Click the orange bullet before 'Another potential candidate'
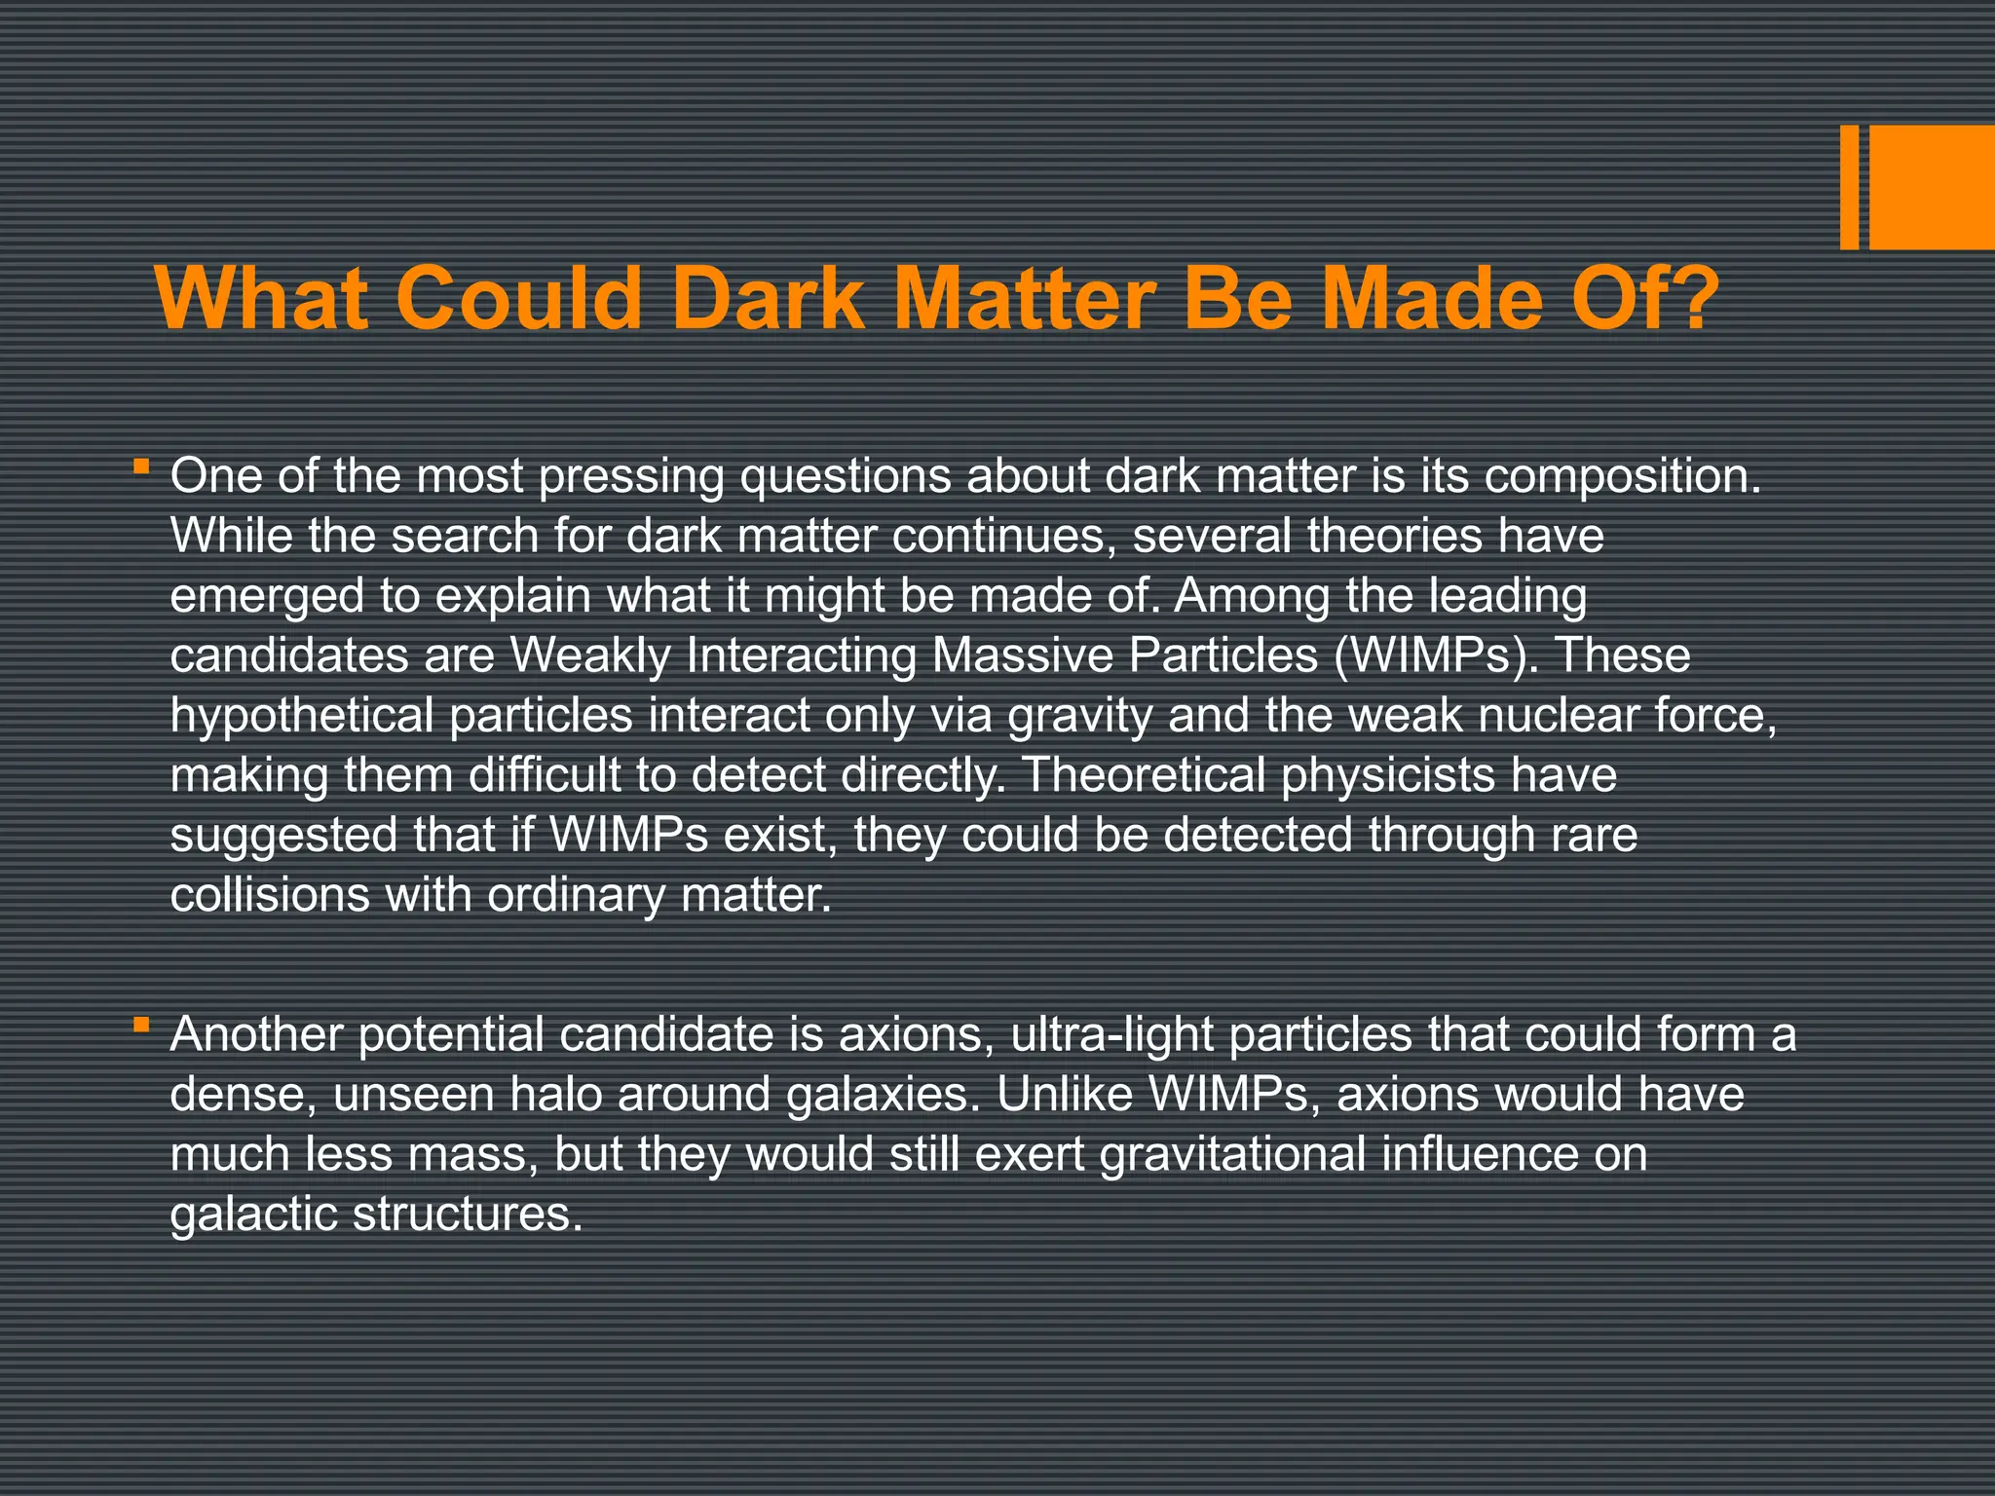142,1024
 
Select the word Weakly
590,655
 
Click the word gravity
1079,716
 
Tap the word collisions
270,895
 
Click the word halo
561,1095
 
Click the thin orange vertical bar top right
1849,187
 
